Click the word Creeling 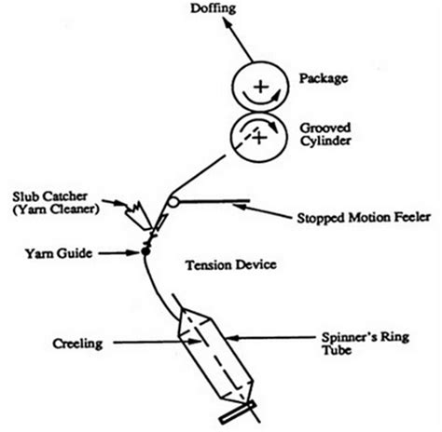click(x=70, y=344)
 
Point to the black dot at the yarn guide click(x=145, y=251)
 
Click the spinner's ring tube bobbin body click(x=216, y=349)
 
